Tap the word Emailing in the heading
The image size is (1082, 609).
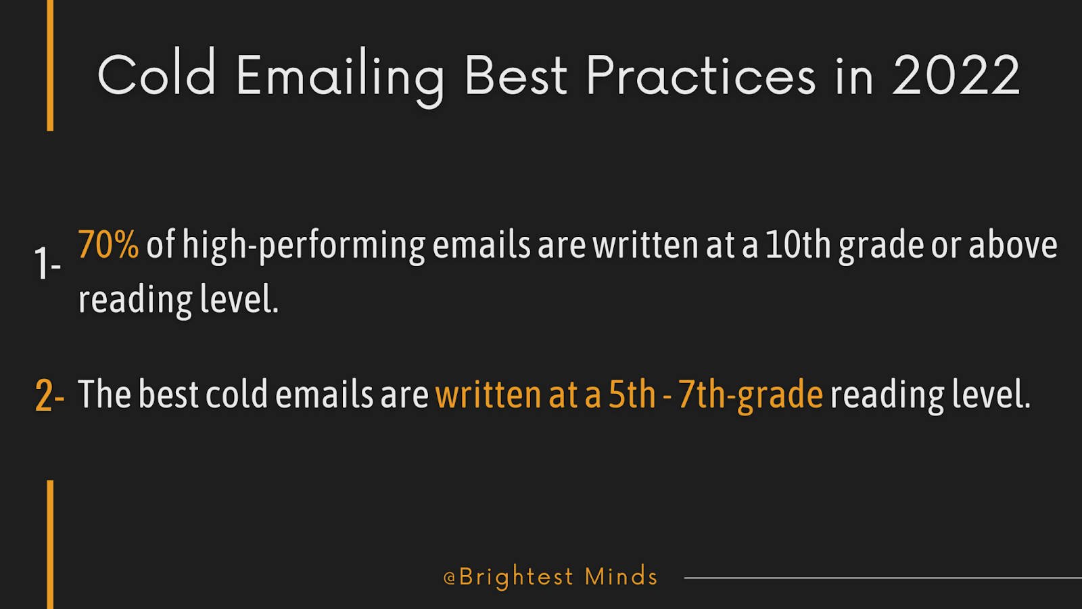[340, 78]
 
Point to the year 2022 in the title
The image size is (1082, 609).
[956, 76]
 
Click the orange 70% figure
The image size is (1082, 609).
[108, 244]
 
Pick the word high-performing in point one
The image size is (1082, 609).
[304, 246]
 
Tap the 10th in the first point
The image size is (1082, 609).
[798, 244]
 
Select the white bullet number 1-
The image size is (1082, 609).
[47, 263]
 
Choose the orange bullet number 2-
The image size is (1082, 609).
[49, 395]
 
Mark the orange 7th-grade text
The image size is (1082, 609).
[750, 395]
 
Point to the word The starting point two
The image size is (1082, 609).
[104, 394]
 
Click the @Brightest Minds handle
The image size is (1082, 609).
[550, 577]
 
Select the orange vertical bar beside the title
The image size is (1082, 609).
[50, 65]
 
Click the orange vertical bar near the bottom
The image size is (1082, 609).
[50, 544]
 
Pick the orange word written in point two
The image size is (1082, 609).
[488, 394]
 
